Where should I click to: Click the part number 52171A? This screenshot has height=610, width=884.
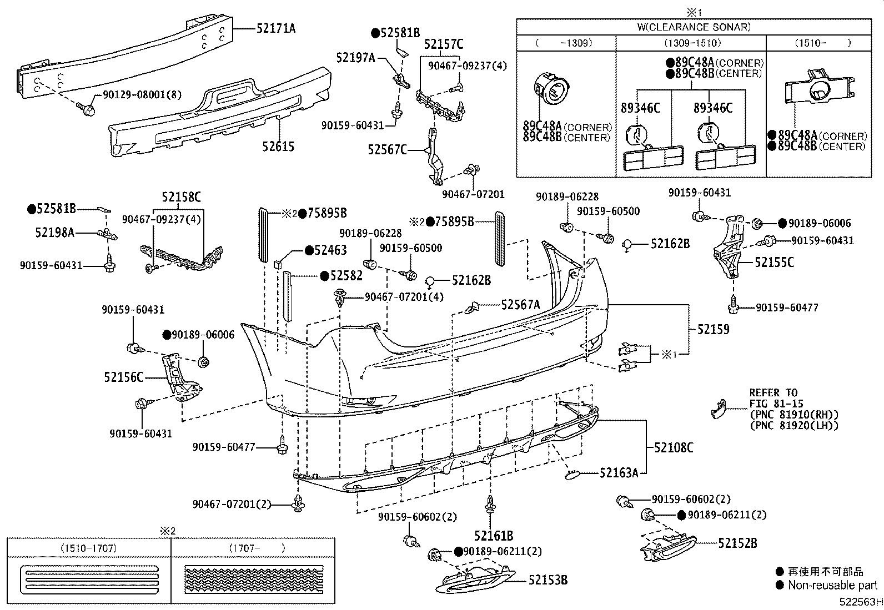click(x=275, y=28)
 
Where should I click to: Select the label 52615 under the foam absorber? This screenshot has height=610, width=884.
click(x=278, y=147)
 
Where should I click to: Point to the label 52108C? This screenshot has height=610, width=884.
click(x=674, y=447)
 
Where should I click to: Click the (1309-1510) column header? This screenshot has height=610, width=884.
click(x=691, y=43)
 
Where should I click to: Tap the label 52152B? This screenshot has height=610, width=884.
click(x=737, y=543)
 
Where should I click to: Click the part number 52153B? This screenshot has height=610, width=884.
click(x=548, y=580)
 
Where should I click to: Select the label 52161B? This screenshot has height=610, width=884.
click(x=493, y=536)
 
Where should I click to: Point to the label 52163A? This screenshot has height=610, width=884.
click(x=619, y=473)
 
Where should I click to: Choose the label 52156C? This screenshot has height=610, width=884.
click(x=123, y=377)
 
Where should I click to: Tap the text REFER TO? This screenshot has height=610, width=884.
click(x=773, y=392)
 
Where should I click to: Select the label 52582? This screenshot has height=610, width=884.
click(x=346, y=275)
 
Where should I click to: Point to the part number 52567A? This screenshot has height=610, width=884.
click(x=520, y=304)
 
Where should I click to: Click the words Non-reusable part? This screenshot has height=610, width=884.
click(x=832, y=585)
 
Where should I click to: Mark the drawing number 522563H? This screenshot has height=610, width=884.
click(x=860, y=602)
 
